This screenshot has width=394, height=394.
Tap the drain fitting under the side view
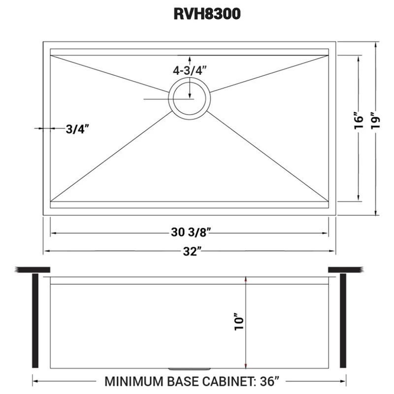[190, 369]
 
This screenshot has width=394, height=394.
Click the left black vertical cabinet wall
[35, 321]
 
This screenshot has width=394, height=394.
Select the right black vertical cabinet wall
[343, 321]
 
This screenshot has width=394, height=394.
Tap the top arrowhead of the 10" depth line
[246, 279]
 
